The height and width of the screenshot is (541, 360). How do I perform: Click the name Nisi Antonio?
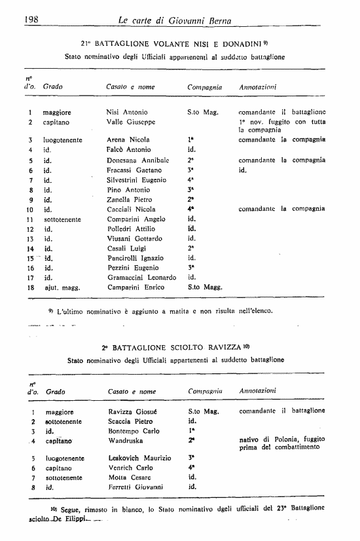coord(127,112)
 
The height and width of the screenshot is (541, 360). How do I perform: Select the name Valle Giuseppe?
coord(130,122)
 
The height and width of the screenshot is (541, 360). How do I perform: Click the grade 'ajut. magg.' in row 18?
coord(62,287)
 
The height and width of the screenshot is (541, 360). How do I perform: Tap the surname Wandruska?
coord(126,440)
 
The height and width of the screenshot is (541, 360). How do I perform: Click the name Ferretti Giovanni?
coord(135,487)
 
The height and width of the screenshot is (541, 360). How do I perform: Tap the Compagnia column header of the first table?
coord(204,86)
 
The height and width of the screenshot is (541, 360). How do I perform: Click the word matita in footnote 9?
coord(177,310)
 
